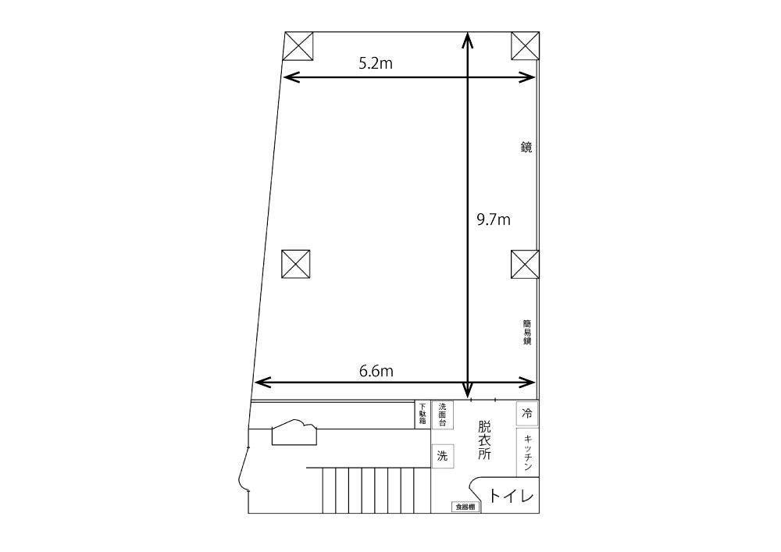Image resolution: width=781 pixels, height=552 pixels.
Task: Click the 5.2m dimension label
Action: [x=376, y=63]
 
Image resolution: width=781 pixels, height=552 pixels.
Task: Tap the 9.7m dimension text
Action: [x=494, y=219]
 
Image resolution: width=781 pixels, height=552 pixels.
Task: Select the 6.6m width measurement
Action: [x=376, y=371]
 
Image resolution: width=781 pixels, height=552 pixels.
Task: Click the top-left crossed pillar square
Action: [x=298, y=46]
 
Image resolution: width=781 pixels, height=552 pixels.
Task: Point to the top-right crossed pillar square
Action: [x=526, y=46]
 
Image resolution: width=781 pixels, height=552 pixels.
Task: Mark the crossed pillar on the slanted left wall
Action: [x=295, y=265]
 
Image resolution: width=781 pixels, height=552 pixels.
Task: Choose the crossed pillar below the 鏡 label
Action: [x=525, y=265]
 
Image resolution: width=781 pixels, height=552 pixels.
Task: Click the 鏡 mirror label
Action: [x=526, y=148]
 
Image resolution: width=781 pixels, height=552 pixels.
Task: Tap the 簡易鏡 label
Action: [x=526, y=332]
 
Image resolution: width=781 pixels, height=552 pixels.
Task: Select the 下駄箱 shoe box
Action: [x=423, y=414]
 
